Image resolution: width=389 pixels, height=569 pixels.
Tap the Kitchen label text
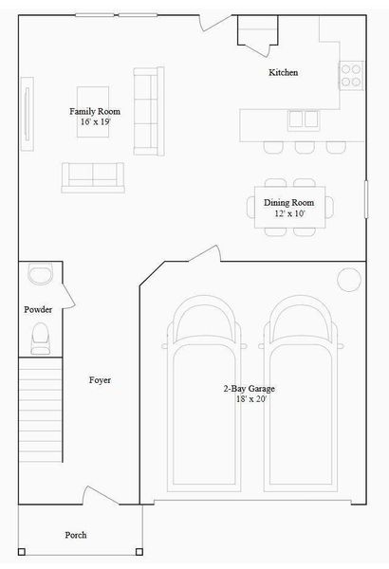coord(284,73)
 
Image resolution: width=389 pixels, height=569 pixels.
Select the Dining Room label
coord(287,202)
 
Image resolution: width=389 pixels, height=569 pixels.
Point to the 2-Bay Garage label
coord(250,389)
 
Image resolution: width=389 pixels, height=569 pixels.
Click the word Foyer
coord(100,380)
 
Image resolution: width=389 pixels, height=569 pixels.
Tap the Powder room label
coord(38,310)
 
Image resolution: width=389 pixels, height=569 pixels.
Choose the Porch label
coord(76,536)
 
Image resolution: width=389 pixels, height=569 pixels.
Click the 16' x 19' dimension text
coord(94,122)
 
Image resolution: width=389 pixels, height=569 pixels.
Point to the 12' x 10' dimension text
coord(287,214)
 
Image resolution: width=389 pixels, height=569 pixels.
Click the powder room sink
coord(41,275)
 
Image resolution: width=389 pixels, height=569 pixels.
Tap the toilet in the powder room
coord(40,338)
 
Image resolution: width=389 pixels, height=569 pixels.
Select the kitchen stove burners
coord(351,75)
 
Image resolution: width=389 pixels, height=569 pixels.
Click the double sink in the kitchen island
coord(303,119)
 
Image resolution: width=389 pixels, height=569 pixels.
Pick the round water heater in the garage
coord(349,279)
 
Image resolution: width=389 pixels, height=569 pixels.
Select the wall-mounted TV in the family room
coord(28,115)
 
